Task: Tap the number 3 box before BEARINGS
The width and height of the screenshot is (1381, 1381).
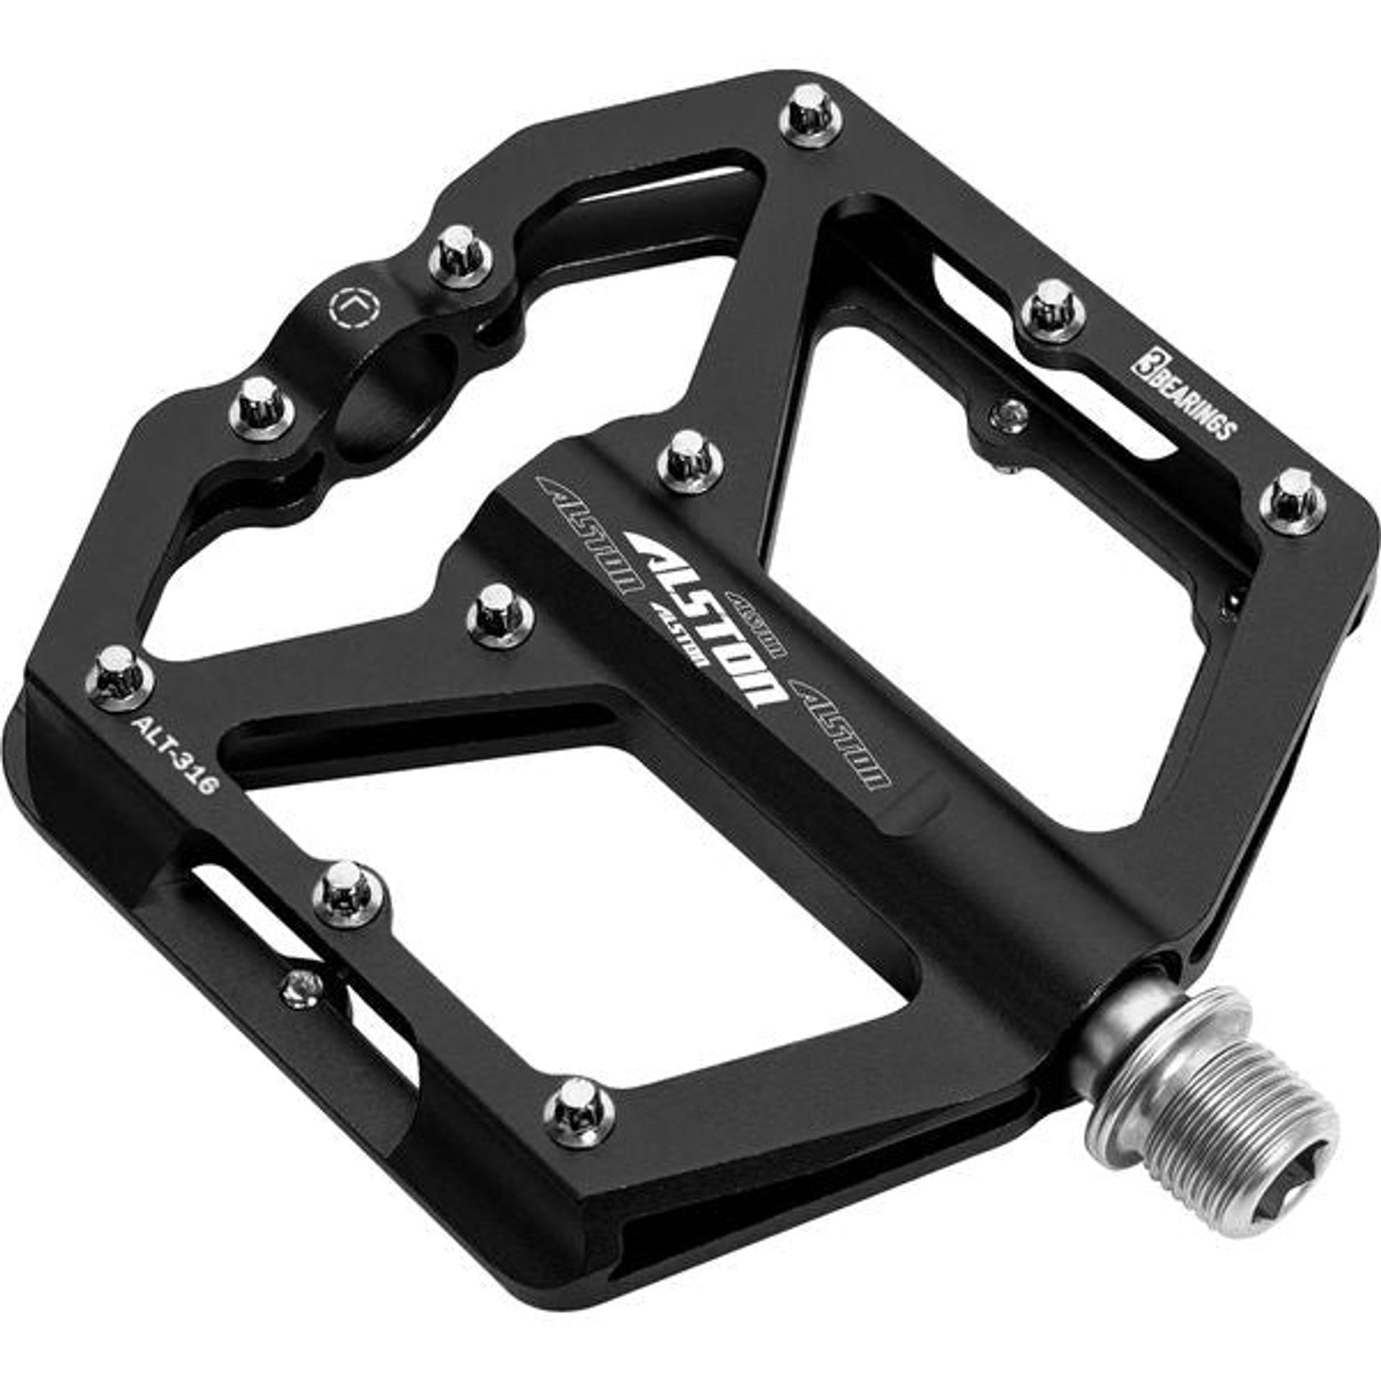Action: coord(1143,358)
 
